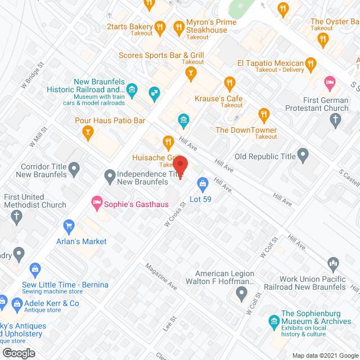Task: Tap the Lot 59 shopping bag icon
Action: click(x=202, y=183)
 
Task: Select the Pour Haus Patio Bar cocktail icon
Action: click(x=87, y=133)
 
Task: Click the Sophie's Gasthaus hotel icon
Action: click(x=96, y=201)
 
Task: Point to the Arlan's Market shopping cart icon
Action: click(x=69, y=227)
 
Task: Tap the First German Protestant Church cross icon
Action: click(x=335, y=119)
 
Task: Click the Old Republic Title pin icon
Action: click(x=303, y=154)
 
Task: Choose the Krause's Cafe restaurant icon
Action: click(x=229, y=84)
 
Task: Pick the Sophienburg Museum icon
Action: click(x=273, y=322)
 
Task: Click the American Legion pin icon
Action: click(x=242, y=292)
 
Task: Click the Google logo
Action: click(x=19, y=353)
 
